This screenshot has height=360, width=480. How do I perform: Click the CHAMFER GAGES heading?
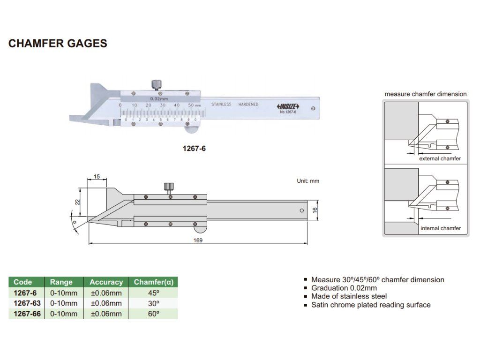click(58, 44)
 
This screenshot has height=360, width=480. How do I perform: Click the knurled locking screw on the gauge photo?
click(156, 84)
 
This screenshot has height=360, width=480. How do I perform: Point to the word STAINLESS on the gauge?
click(221, 105)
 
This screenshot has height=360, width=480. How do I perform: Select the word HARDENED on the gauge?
click(248, 105)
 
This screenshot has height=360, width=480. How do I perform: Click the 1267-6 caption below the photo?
click(194, 149)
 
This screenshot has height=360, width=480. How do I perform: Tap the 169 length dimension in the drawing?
click(198, 240)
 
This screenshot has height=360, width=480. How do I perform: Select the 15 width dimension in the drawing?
click(97, 177)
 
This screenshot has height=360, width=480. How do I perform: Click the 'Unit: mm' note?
click(308, 181)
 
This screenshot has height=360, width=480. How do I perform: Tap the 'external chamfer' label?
click(440, 158)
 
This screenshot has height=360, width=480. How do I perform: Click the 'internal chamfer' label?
click(440, 228)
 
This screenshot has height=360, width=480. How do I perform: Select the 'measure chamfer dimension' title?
click(426, 94)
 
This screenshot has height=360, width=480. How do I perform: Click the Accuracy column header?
click(106, 282)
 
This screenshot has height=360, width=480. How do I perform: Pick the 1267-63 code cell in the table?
click(26, 303)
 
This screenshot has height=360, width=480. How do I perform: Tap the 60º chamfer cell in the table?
click(153, 314)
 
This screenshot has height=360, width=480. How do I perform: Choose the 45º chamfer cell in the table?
click(153, 293)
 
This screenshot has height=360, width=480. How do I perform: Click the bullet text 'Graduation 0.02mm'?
click(344, 288)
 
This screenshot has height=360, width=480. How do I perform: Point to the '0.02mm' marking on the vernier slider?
click(159, 99)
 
